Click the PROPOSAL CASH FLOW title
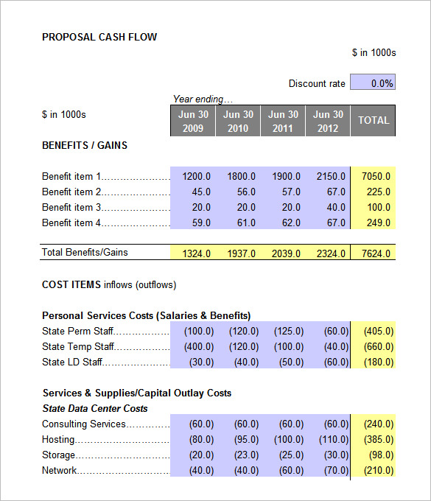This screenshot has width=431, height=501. coord(99,37)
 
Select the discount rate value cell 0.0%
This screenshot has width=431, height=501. coord(373,83)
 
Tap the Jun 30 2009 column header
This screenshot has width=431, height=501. coord(192,121)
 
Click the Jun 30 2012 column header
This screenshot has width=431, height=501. coord(328,121)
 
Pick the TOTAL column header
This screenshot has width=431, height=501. coord(373,121)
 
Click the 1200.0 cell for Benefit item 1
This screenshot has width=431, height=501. coord(196,176)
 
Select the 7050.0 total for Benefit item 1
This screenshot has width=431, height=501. coord(376,176)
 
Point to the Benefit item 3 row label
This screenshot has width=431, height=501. coord(72,207)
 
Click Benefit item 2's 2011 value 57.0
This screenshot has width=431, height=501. coord(287,192)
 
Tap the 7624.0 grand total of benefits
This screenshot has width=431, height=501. coord(376,253)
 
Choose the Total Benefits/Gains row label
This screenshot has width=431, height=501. coord(85,252)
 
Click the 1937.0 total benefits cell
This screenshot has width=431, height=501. coord(241,253)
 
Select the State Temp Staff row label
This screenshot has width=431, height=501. coord(78,346)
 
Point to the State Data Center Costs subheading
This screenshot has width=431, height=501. coord(95,408)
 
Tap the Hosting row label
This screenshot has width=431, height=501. coord(58,439)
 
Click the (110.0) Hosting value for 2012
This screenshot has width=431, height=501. coord(331,439)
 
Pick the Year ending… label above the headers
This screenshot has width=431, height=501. coord(203,99)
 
